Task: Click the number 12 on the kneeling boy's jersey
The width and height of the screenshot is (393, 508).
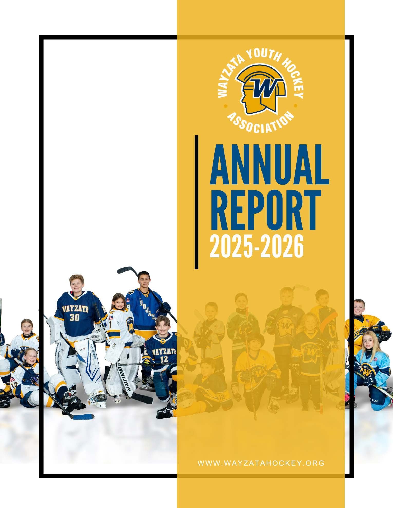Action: click(x=164, y=359)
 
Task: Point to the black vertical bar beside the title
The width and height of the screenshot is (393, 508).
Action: click(x=196, y=202)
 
